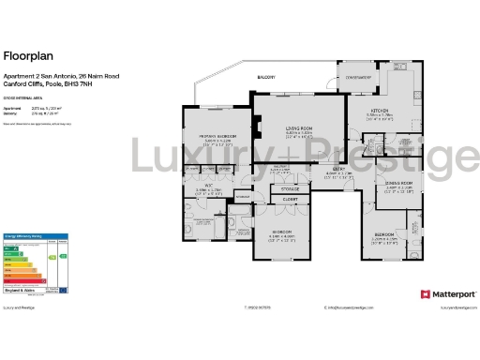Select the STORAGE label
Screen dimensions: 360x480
pos(291,188)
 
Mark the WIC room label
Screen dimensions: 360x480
pos(211,186)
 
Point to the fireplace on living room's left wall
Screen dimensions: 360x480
pos(255,127)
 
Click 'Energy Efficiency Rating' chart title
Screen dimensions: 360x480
pos(23,235)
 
